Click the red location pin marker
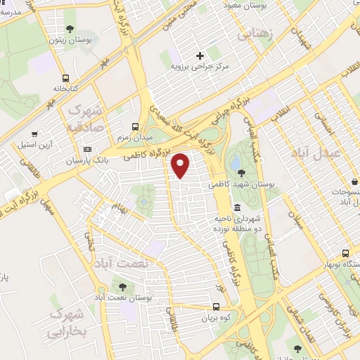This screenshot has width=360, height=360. (x=181, y=165)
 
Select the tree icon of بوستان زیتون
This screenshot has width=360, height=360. (x=70, y=29)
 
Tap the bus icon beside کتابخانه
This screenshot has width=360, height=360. (x=66, y=78)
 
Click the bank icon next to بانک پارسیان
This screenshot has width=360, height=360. (x=87, y=149)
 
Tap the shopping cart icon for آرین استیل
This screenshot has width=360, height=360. (x=34, y=134)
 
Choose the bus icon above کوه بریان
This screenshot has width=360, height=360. (x=216, y=307)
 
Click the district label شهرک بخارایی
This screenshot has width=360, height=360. (x=68, y=321)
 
